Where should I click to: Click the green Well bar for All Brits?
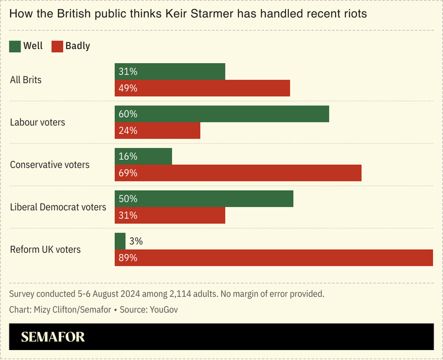coord(170,72)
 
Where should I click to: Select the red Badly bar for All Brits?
coord(202,88)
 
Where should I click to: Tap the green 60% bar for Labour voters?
coord(221,114)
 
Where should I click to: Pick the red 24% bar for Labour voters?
coord(157,130)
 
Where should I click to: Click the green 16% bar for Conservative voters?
coord(143,156)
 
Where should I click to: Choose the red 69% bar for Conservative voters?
coord(238,173)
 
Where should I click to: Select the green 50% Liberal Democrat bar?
coord(203,199)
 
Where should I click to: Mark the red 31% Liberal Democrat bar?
coord(170,215)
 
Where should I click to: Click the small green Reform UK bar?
coord(120,241)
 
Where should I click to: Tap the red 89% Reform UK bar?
coord(273,258)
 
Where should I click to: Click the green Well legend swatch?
coord(15,46)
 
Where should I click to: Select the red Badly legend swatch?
coord(57,46)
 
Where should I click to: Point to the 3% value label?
coord(135,241)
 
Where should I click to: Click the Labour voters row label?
coord(38,122)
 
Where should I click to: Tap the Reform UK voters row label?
coord(45,250)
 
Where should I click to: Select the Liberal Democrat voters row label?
coord(58,207)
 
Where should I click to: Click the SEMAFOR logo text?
coord(53,337)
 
